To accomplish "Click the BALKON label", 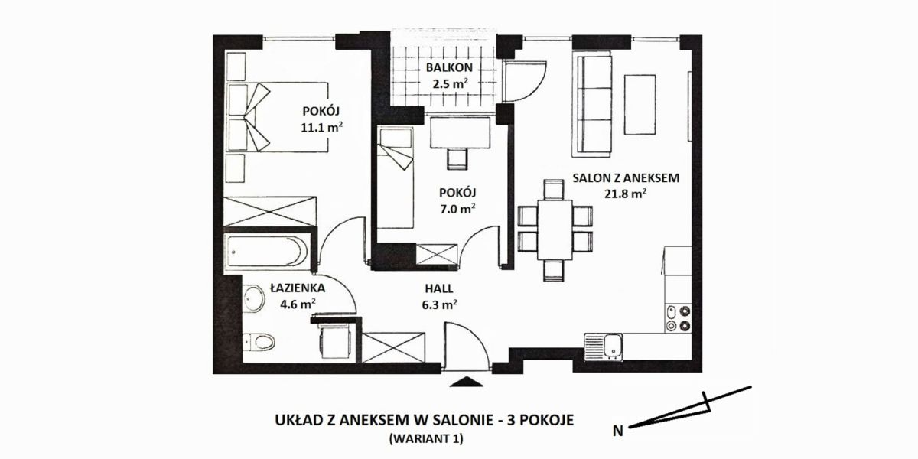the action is point(449,67).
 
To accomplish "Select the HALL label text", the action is point(439,288).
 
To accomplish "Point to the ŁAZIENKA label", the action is point(298,288).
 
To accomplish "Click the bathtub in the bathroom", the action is point(267,252).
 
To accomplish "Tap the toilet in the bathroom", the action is point(259,341).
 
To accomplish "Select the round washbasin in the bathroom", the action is point(254,298).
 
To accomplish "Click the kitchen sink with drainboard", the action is point(604,347).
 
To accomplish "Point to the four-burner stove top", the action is point(678,318).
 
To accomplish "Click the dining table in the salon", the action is point(555,229).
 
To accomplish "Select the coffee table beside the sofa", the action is point(640,104).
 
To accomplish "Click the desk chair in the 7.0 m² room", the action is point(457,159).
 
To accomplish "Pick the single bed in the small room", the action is point(396,177).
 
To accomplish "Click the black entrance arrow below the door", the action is point(467,382).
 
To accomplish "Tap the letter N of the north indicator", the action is point(618,431).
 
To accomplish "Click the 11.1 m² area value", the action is point(322,128).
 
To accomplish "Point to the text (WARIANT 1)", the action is point(426,438).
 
